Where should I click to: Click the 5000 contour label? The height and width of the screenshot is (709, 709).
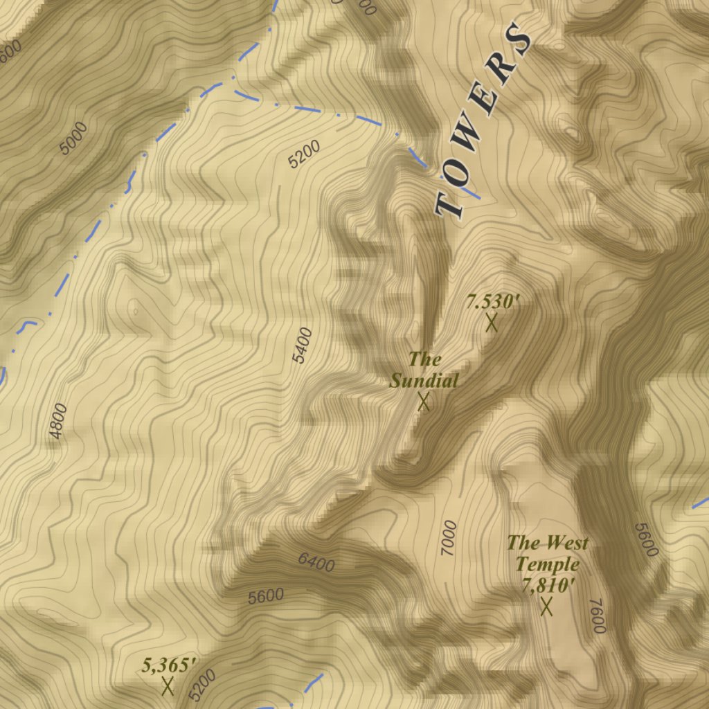point(73,138)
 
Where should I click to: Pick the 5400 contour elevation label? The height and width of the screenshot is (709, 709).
point(303,345)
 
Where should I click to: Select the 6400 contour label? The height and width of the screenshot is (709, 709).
point(316,562)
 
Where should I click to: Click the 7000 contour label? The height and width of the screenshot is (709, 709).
point(449,538)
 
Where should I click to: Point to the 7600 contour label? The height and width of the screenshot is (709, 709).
point(598,616)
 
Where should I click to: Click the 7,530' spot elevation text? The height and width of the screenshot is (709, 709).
point(492,302)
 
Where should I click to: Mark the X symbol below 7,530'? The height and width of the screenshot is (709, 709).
point(492,323)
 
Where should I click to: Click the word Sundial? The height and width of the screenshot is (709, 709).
point(424,380)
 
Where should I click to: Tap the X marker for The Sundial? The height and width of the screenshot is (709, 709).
point(424,402)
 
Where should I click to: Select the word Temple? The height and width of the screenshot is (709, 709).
point(547,564)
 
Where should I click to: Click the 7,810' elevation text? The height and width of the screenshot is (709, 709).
point(548,585)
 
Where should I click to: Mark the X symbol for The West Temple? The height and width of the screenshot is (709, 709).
point(546,607)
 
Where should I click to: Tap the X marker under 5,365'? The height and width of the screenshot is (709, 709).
point(167,686)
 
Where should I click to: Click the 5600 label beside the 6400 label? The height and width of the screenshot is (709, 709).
point(266,596)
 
